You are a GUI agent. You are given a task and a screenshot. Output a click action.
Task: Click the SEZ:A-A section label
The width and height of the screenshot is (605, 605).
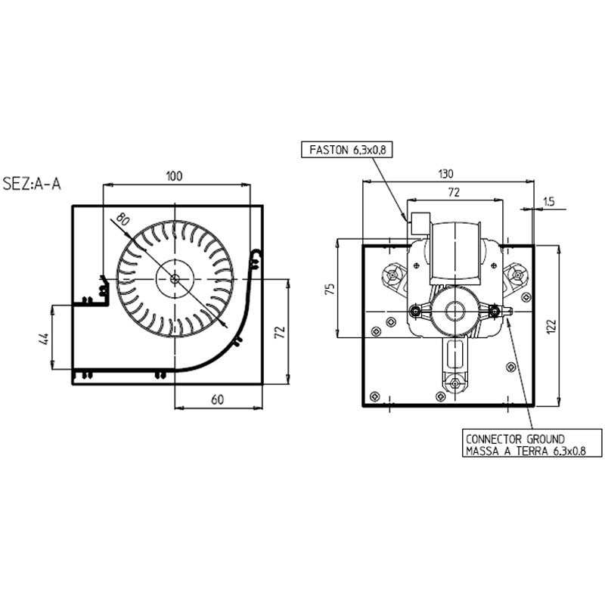(x=32, y=184)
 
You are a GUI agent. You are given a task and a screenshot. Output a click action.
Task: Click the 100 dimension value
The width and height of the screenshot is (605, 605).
(x=174, y=176)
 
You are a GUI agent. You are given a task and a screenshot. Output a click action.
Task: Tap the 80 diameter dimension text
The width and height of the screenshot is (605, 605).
(x=123, y=219)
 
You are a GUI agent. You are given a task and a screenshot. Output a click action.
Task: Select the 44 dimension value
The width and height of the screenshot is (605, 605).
(x=45, y=338)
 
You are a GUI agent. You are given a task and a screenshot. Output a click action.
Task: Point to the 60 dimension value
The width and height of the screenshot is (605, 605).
(x=217, y=399)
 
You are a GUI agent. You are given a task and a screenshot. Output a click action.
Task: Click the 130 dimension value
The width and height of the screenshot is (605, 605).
(x=445, y=174)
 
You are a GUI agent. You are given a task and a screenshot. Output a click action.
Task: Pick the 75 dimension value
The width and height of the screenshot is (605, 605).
(x=330, y=289)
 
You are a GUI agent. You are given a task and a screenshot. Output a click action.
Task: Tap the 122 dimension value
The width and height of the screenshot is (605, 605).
(x=551, y=327)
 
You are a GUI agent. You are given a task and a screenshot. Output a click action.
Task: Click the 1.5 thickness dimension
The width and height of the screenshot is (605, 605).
(x=548, y=201)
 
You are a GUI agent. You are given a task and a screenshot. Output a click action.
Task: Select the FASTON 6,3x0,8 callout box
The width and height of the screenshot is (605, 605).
(x=346, y=150)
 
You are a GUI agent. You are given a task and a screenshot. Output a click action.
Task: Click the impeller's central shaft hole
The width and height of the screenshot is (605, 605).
(x=175, y=278)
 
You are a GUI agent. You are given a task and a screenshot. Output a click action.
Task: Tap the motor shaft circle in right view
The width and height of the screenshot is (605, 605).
(x=451, y=311)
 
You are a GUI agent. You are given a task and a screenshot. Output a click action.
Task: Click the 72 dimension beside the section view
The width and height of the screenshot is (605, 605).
(x=280, y=332)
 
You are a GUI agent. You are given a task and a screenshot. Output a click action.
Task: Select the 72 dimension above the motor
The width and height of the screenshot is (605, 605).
(x=455, y=192)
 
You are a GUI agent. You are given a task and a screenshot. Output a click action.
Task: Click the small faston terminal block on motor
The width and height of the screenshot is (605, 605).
(x=420, y=223)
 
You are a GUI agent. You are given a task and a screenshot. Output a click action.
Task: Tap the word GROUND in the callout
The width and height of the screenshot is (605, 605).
(x=545, y=439)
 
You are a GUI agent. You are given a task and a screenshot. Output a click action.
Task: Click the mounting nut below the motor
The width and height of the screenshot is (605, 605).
(x=455, y=383)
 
